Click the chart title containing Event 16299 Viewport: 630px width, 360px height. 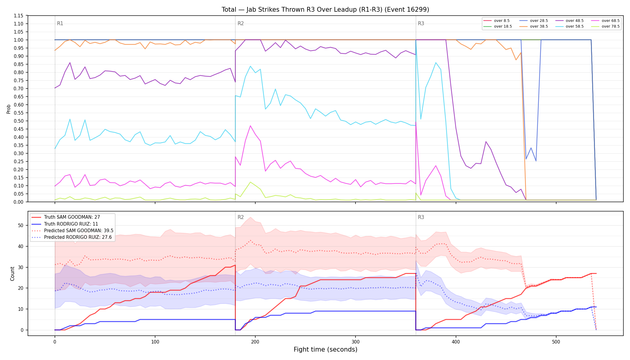pos(325,10)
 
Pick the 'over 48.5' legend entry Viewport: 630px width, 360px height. pos(569,21)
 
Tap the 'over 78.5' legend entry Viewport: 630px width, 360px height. pos(605,26)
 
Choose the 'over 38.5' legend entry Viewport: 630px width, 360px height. pos(534,26)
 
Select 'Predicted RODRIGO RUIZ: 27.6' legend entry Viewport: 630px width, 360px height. pos(72,237)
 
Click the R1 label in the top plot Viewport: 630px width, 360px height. pos(60,23)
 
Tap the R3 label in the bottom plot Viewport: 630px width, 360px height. pos(421,217)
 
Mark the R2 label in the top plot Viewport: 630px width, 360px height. pos(241,23)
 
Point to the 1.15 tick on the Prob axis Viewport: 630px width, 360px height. pos(19,16)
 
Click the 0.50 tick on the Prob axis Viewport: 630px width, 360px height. pos(19,121)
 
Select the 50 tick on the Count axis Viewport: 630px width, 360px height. pos(21,225)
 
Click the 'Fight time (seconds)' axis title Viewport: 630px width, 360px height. pos(325,349)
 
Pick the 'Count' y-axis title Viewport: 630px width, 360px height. pos(12,274)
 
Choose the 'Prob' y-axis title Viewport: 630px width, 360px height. pos(9,109)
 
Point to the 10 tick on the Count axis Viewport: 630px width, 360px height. pos(21,309)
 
